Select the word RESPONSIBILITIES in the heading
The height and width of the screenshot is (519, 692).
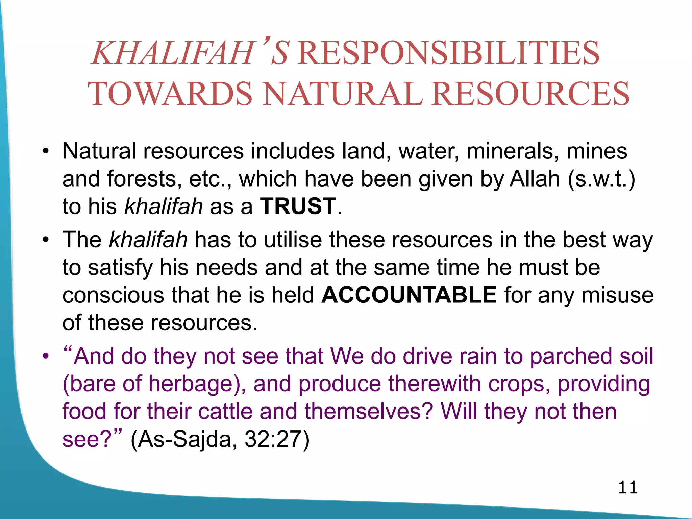[448, 53]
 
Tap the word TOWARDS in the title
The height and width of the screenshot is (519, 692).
[170, 94]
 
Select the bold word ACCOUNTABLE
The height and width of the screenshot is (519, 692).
[409, 295]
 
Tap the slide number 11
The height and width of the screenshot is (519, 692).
[628, 488]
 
